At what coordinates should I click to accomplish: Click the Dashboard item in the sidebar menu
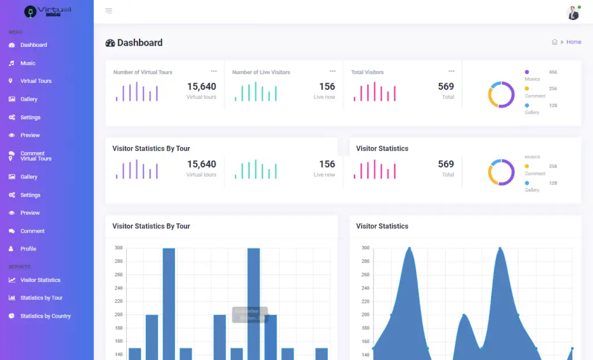pos(34,45)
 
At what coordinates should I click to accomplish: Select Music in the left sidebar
pos(28,63)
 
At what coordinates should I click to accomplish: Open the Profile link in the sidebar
pos(28,249)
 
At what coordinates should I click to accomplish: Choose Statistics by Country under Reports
pos(45,316)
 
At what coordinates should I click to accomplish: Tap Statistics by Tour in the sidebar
pos(41,298)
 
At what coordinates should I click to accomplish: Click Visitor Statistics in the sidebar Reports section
pos(40,280)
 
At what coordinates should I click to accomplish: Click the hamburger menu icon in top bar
pos(109,11)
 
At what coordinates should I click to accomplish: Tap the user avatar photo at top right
pos(573,13)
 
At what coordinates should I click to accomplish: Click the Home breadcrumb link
pos(573,42)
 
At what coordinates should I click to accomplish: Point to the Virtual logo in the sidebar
pos(47,11)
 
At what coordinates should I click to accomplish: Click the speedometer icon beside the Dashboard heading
pos(110,43)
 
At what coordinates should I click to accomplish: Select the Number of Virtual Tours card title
pos(142,72)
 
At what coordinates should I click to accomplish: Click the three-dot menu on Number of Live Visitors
pos(332,71)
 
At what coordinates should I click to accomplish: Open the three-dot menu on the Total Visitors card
pos(451,71)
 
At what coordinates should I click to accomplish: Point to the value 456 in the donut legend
pos(552,72)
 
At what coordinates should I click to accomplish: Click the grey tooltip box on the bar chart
pos(250,314)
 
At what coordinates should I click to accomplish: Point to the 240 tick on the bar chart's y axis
pos(118,288)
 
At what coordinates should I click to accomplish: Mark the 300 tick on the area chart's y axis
pos(365,248)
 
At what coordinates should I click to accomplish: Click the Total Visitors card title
pos(367,72)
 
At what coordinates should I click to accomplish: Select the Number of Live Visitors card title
pos(261,72)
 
